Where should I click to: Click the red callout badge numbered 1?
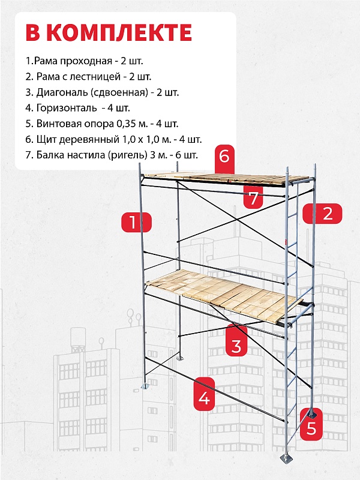[137, 222]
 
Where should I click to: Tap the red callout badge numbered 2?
[322, 214]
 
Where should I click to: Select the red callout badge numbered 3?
[236, 341]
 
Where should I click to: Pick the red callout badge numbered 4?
[204, 394]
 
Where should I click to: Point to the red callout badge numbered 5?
[311, 424]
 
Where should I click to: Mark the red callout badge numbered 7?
[253, 197]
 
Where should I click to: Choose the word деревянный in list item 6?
[88, 140]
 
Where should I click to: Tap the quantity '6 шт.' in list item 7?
[187, 155]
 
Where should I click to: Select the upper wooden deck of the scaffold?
[226, 179]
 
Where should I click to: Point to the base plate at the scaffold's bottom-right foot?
[287, 458]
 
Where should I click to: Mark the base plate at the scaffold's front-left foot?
[145, 386]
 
